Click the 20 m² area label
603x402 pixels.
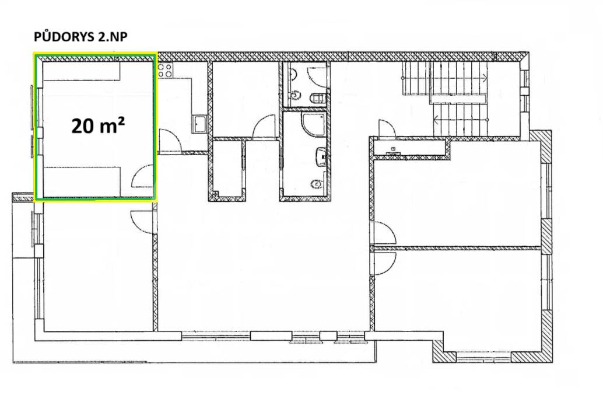click(99, 125)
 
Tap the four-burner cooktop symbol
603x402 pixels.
click(165, 70)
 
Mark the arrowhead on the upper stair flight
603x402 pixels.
click(485, 77)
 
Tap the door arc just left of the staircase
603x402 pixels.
click(386, 128)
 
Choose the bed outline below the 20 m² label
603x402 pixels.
click(82, 181)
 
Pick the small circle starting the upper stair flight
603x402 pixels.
click(403, 77)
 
